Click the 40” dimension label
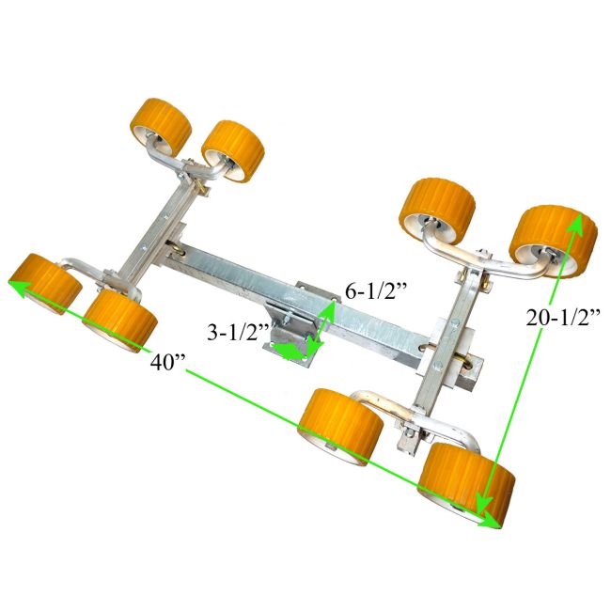[x=167, y=363]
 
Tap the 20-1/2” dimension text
[x=561, y=317]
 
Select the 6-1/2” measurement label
[x=376, y=291]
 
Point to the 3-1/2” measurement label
[x=238, y=333]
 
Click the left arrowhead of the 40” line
[x=19, y=286]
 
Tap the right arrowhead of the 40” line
[x=490, y=522]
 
